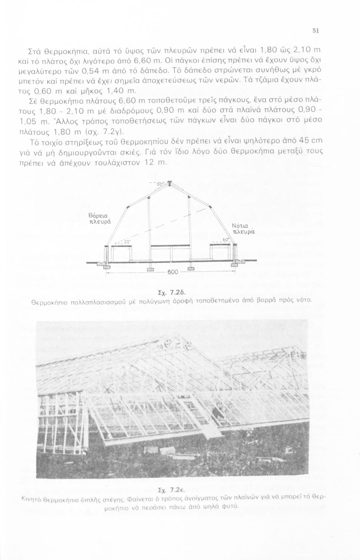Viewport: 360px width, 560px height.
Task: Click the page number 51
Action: (x=315, y=32)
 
